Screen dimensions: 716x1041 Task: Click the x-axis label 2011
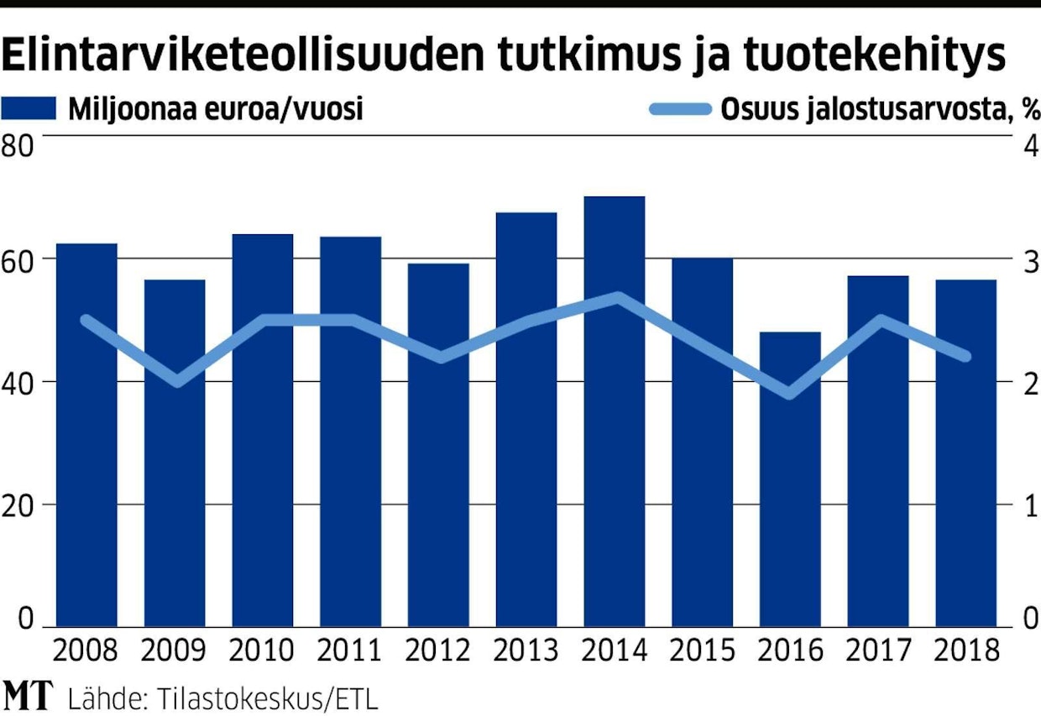tap(350, 651)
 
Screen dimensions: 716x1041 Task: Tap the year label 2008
tap(86, 651)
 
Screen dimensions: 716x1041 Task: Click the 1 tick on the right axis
tap(1030, 505)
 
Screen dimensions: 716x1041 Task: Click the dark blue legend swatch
tap(29, 109)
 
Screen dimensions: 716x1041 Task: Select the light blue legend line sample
tap(680, 109)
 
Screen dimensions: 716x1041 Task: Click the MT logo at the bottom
tap(28, 696)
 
